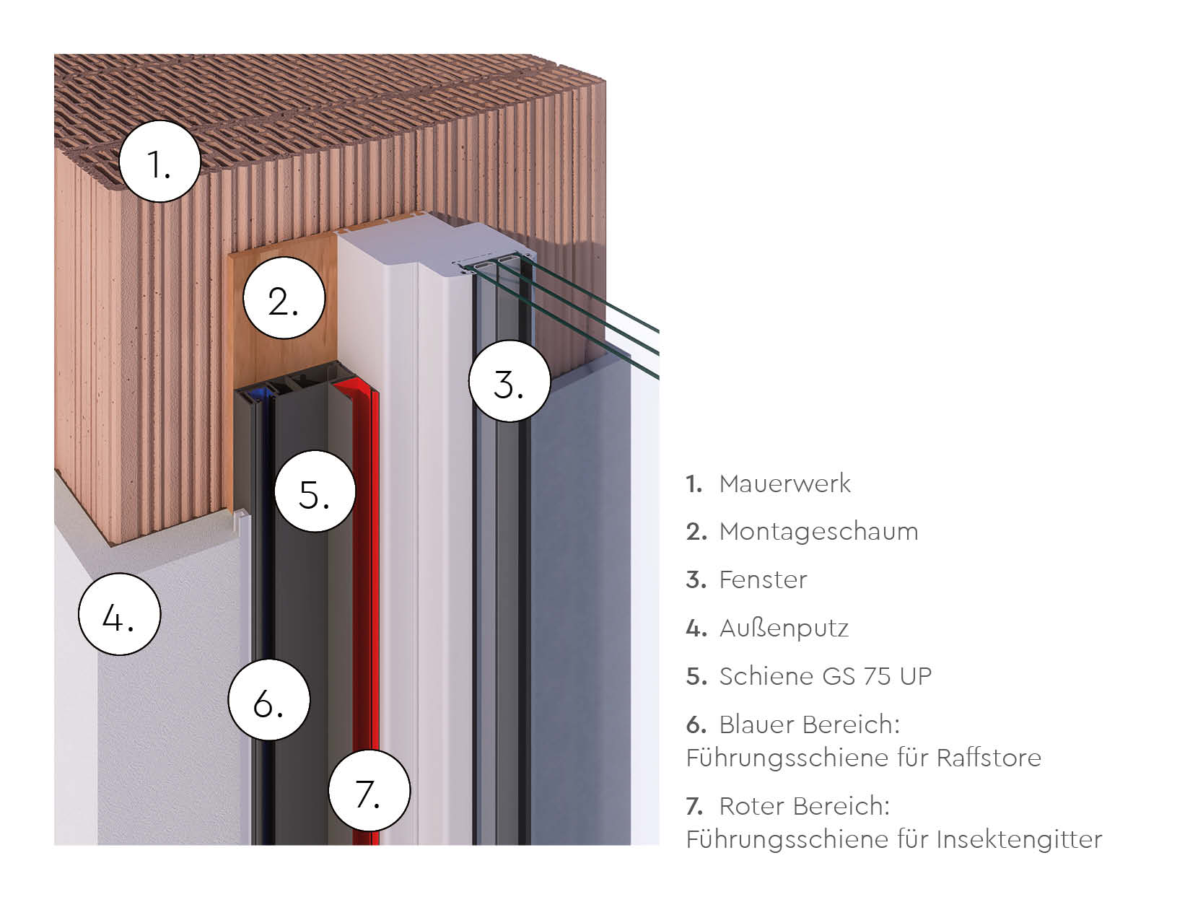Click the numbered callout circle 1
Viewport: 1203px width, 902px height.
pyautogui.click(x=160, y=162)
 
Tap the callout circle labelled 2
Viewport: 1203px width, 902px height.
pyautogui.click(x=284, y=298)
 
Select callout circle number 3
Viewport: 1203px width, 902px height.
pyautogui.click(x=509, y=381)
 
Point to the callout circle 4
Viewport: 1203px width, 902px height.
pyautogui.click(x=120, y=614)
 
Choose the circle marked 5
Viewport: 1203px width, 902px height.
pyautogui.click(x=315, y=491)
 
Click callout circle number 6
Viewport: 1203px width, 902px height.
pyautogui.click(x=269, y=700)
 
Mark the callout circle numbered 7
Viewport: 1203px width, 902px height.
pyautogui.click(x=369, y=791)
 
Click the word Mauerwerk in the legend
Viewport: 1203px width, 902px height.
pyautogui.click(x=784, y=484)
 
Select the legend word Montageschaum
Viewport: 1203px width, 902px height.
pyautogui.click(x=818, y=532)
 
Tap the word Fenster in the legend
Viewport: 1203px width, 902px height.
pyautogui.click(x=763, y=579)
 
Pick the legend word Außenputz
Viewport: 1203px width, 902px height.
pyautogui.click(x=784, y=628)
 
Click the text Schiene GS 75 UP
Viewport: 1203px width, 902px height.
pyautogui.click(x=825, y=676)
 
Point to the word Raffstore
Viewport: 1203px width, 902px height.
pyautogui.click(x=989, y=758)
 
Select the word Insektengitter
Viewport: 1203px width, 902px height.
pyautogui.click(x=1019, y=839)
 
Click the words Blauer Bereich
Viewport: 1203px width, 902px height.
pyautogui.click(x=809, y=724)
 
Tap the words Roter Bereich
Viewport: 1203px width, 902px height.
pyautogui.click(x=804, y=806)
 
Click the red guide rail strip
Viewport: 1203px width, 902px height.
pyautogui.click(x=366, y=603)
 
